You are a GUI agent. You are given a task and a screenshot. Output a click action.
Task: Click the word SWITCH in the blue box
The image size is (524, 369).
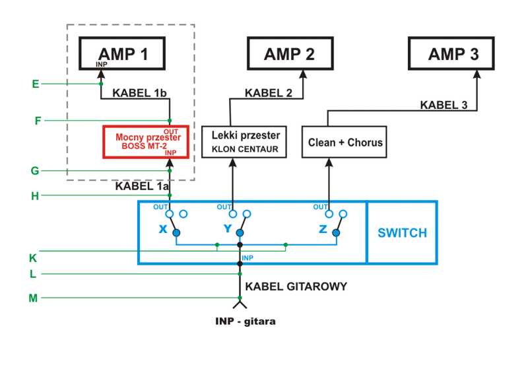[403, 232]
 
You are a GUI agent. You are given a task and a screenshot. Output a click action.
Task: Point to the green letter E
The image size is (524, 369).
[36, 84]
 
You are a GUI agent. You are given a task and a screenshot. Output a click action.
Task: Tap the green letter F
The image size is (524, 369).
[38, 120]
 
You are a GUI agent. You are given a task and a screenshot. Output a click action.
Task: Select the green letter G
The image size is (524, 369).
[35, 171]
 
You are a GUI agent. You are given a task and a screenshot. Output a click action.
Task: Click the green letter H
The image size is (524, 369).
[35, 196]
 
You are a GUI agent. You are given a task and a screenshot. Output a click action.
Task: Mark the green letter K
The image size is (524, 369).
[33, 258]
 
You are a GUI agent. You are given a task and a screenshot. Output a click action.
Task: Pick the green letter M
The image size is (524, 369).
[33, 298]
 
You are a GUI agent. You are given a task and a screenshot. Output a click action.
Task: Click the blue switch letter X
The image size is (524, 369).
[163, 229]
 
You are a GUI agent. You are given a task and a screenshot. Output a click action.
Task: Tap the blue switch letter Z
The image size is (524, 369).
[323, 229]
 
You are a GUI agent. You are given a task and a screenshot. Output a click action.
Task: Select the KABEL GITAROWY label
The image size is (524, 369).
[296, 286]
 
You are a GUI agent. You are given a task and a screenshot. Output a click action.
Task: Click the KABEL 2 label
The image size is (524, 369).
[269, 93]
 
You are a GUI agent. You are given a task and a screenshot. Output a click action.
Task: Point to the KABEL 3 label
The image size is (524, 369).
[443, 105]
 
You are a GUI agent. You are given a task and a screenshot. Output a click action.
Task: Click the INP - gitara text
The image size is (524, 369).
[246, 321]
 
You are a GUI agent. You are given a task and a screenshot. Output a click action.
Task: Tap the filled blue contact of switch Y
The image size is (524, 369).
[240, 233]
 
